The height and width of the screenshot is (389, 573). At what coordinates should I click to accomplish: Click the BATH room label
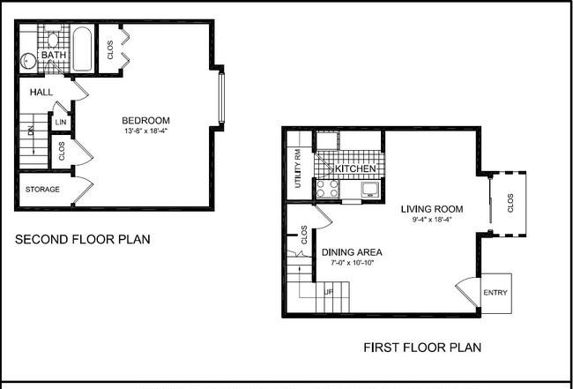(54, 56)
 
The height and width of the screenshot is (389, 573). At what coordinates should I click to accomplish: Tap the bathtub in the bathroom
(81, 49)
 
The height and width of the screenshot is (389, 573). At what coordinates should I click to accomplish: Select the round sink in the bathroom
(28, 61)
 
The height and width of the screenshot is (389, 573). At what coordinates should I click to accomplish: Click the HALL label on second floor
(41, 93)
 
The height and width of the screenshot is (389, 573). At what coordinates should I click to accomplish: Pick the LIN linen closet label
(61, 123)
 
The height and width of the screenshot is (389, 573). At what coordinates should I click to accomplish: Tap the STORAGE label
(42, 190)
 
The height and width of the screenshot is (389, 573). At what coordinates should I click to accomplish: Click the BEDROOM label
(145, 120)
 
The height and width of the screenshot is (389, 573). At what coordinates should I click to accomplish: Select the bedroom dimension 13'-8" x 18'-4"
(145, 131)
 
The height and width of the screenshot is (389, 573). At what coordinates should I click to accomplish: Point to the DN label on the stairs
(30, 131)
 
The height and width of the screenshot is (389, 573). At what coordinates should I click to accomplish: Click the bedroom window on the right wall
(221, 97)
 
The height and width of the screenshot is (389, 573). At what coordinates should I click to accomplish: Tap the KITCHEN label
(355, 168)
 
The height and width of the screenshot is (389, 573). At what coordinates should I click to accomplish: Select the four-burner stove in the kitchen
(327, 189)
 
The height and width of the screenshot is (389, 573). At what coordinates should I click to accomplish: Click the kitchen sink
(370, 189)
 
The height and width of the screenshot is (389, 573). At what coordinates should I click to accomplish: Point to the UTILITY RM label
(298, 168)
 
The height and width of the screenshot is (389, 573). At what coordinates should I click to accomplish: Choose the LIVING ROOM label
(432, 209)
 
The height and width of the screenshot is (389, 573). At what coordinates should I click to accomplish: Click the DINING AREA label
(352, 252)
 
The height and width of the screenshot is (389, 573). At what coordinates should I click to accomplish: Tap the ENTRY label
(495, 293)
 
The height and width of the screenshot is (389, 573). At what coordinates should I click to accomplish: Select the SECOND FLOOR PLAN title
(83, 239)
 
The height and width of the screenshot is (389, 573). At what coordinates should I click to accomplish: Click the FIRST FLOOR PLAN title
(422, 348)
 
